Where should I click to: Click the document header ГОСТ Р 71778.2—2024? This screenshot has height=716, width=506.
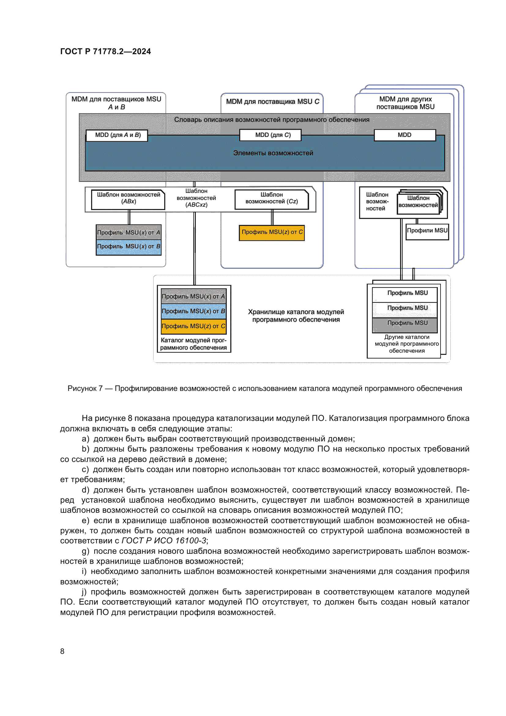[x=105, y=51]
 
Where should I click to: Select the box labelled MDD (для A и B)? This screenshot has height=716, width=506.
[x=117, y=135]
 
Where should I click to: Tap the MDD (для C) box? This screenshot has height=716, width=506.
[x=270, y=135]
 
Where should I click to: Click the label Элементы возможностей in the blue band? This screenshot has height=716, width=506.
[x=273, y=153]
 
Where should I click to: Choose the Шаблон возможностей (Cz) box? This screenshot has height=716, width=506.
[x=272, y=200]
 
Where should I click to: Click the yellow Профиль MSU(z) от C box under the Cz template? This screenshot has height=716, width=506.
[x=272, y=233]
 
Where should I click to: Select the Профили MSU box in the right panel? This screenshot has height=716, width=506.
[x=427, y=231]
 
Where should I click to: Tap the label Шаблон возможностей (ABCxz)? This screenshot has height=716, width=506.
[x=196, y=198]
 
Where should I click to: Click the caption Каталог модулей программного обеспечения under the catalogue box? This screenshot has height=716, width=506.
[x=193, y=344]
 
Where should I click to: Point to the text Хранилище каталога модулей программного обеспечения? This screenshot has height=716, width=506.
[x=296, y=316]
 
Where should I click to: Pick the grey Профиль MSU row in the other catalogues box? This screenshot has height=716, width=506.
[x=405, y=324]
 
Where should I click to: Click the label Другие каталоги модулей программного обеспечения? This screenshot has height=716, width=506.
[x=407, y=344]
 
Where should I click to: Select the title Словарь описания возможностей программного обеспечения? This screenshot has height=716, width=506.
[x=272, y=120]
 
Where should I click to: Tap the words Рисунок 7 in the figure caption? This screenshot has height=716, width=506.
[x=85, y=388]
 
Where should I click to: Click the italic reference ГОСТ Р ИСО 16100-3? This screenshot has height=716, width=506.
[x=164, y=541]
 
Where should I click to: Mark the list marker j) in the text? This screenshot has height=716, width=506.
[x=84, y=592]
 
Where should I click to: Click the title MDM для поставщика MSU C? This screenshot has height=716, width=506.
[x=273, y=102]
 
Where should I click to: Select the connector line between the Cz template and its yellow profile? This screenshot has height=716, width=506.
[x=272, y=217]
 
